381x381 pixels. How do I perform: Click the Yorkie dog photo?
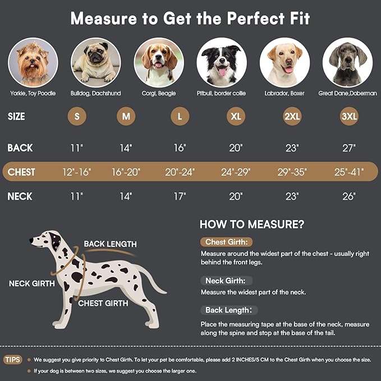pyautogui.click(x=33, y=62)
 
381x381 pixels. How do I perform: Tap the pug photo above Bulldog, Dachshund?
pyautogui.click(x=96, y=62)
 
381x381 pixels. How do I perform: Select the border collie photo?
pyautogui.click(x=222, y=62)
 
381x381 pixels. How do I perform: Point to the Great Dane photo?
pyautogui.click(x=347, y=62)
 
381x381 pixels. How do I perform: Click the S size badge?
pyautogui.click(x=77, y=117)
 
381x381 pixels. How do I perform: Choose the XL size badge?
pyautogui.click(x=236, y=117)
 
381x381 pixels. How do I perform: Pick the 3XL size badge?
pyautogui.click(x=348, y=117)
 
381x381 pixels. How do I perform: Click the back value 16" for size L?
pyautogui.click(x=180, y=148)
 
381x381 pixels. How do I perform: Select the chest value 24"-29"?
pyautogui.click(x=236, y=172)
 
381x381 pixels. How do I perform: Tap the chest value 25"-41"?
pyautogui.click(x=348, y=172)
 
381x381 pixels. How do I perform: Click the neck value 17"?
pyautogui.click(x=180, y=196)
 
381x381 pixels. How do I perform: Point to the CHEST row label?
pyautogui.click(x=21, y=172)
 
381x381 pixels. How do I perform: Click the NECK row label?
pyautogui.click(x=20, y=196)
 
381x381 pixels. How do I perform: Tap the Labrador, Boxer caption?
pyautogui.click(x=284, y=93)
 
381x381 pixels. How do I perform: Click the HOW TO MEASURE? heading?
pyautogui.click(x=252, y=224)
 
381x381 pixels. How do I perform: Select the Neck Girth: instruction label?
pyautogui.click(x=227, y=281)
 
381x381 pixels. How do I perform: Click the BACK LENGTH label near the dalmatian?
pyautogui.click(x=110, y=244)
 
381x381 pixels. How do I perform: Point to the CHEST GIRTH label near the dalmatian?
pyautogui.click(x=103, y=303)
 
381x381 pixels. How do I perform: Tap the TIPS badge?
pyautogui.click(x=13, y=359)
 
